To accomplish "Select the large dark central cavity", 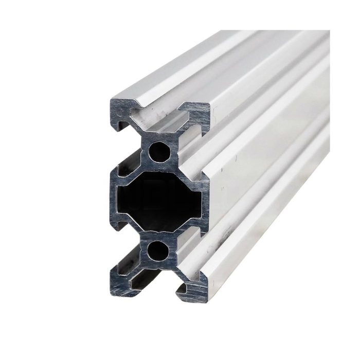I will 157,201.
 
